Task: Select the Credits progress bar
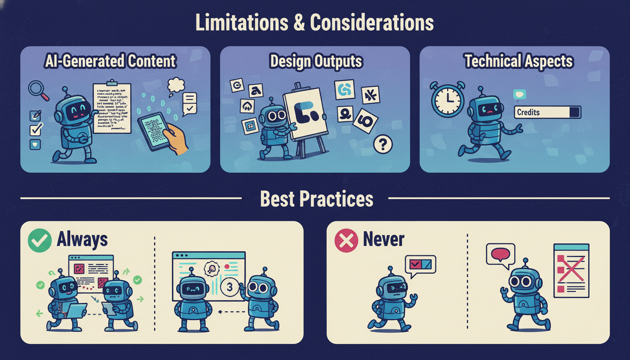(547, 112)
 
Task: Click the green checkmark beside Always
(39, 240)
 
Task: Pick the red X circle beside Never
(346, 240)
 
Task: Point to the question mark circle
(383, 144)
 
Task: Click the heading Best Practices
(316, 199)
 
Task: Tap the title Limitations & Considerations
(315, 22)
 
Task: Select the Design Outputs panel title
(315, 61)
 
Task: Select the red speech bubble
(500, 255)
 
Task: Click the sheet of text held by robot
(112, 108)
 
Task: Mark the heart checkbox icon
(35, 144)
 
